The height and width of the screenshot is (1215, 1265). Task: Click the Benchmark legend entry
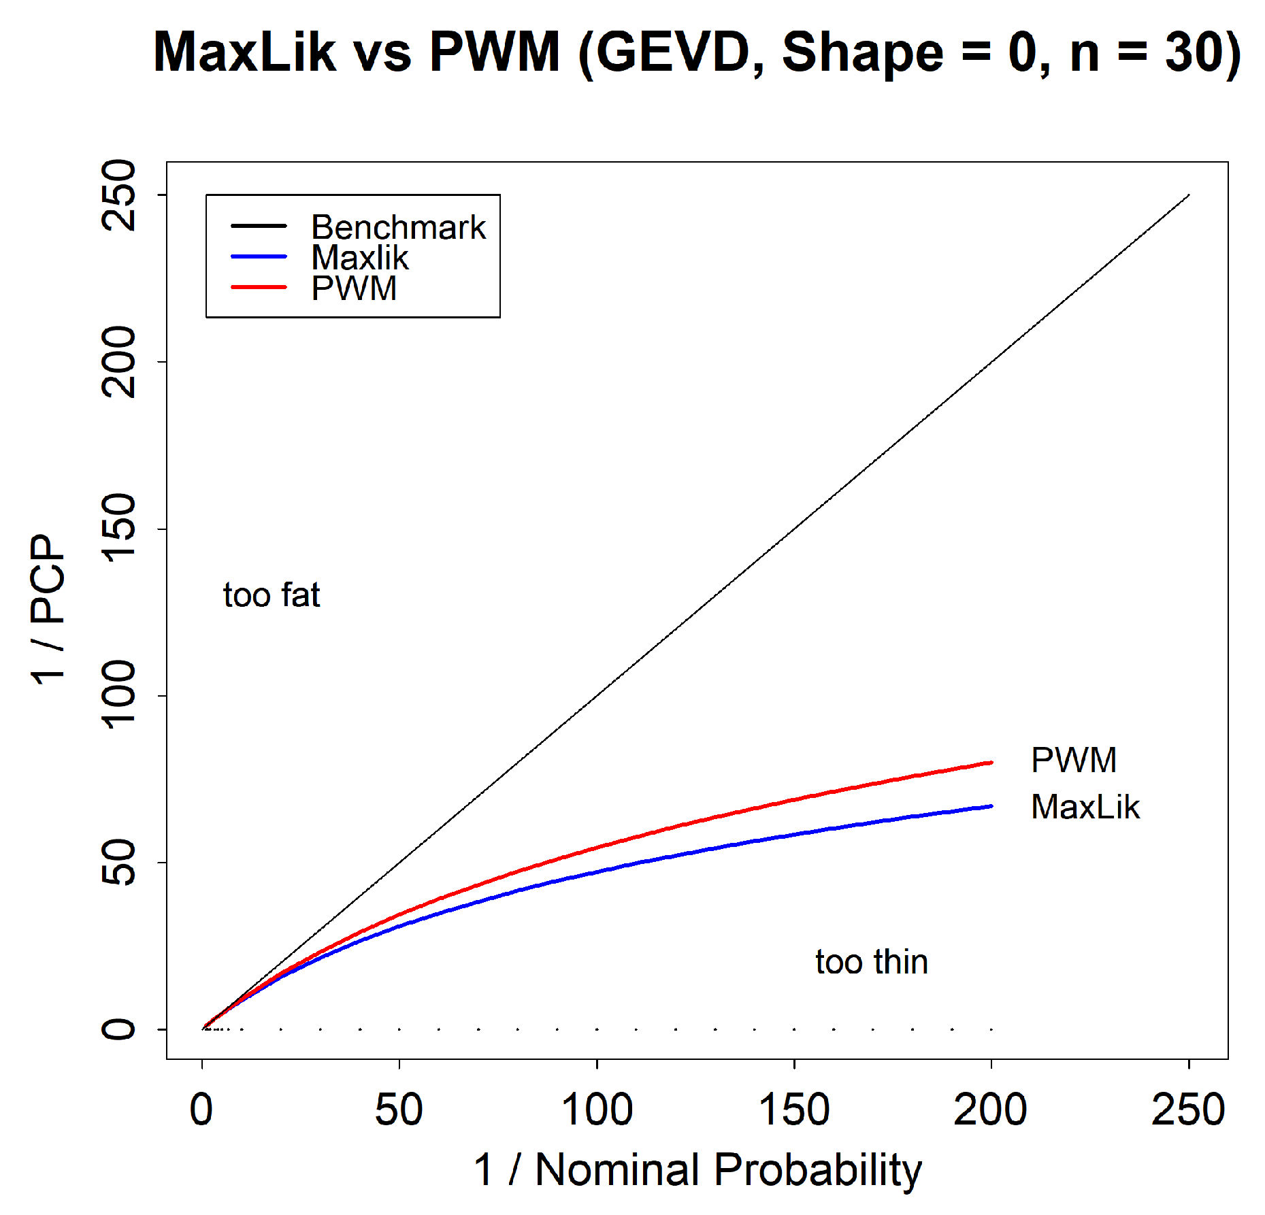tap(398, 227)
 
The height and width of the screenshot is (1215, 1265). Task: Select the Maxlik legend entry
tap(359, 258)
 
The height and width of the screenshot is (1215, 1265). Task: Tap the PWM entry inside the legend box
tap(354, 288)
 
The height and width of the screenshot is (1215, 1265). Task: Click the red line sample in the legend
tap(259, 288)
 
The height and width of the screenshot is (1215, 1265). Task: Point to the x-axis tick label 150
tap(793, 1110)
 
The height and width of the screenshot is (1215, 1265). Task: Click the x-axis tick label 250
tap(1188, 1110)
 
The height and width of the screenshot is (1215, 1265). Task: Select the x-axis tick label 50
tap(399, 1110)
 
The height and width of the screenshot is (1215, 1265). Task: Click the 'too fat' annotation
tap(272, 595)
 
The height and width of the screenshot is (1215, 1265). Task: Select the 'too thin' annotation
tap(872, 962)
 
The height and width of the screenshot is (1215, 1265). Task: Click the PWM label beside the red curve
tap(1074, 760)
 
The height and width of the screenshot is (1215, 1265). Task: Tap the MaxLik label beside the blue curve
tap(1085, 808)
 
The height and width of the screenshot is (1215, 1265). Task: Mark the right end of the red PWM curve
tap(991, 763)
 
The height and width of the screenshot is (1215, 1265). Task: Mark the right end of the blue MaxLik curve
tap(991, 806)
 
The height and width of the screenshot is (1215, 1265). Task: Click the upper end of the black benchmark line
tap(1188, 195)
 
